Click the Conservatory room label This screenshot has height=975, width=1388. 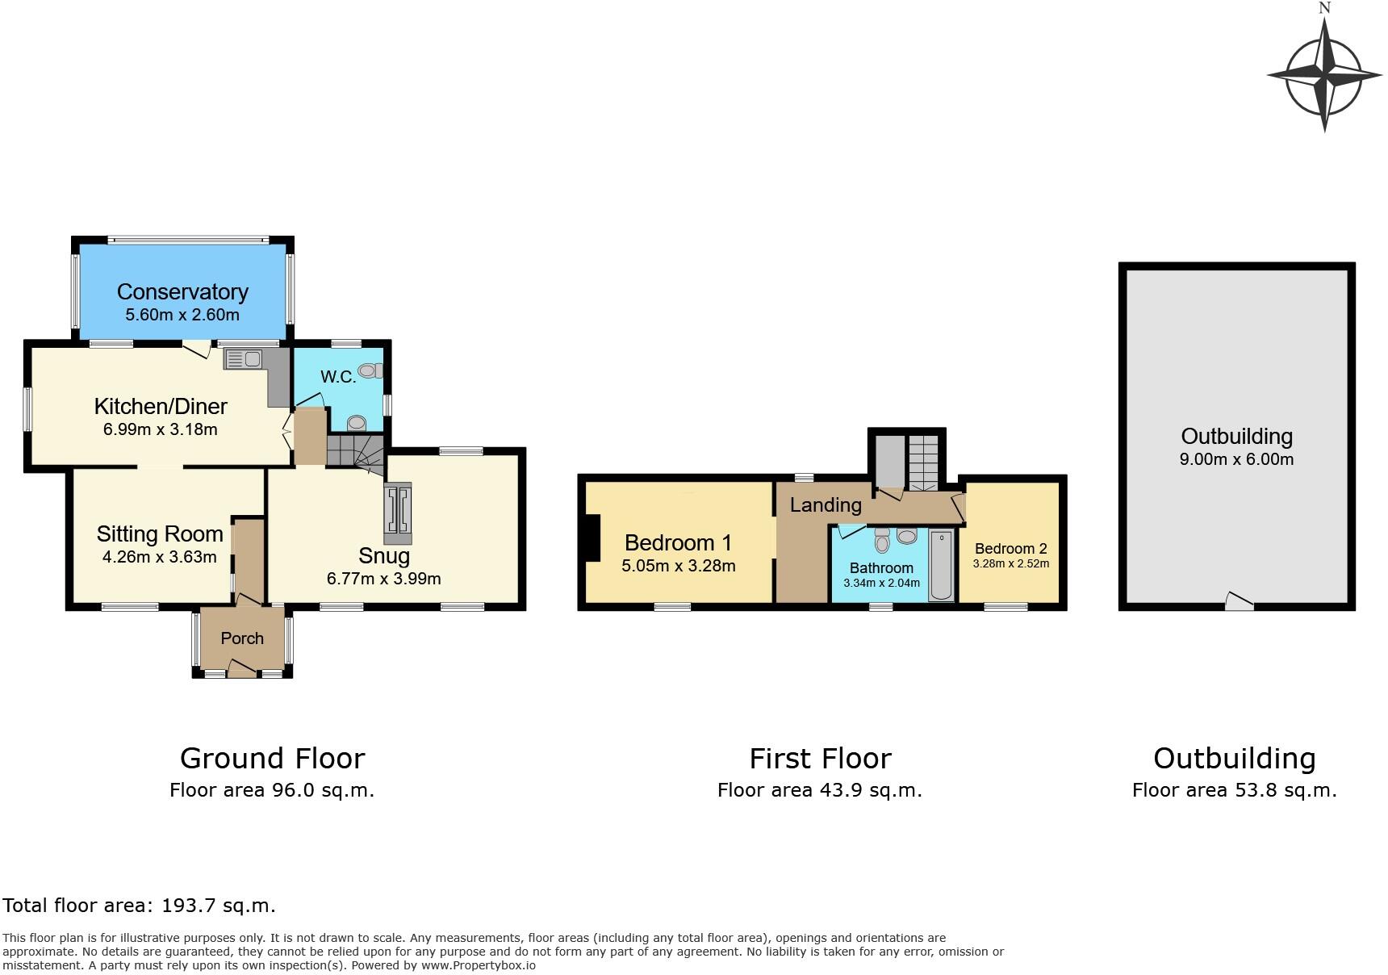tap(182, 291)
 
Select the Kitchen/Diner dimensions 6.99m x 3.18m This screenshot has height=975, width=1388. tap(160, 429)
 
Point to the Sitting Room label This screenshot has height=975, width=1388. tap(160, 534)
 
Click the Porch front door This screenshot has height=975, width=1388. tap(241, 667)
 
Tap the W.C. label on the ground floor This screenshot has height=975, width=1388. tap(337, 377)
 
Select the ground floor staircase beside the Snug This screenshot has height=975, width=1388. tap(355, 450)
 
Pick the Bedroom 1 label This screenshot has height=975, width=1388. tap(678, 542)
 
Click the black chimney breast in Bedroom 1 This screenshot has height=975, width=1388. tap(593, 538)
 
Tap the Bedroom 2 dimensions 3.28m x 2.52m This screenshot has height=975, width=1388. tap(1010, 563)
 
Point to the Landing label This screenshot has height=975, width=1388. tap(825, 505)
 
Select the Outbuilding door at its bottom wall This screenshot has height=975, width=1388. tap(1240, 601)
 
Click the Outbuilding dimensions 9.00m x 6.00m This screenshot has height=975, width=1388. tap(1236, 459)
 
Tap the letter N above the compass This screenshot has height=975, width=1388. tap(1324, 8)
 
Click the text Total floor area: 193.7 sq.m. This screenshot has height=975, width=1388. tap(139, 906)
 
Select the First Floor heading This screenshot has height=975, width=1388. tap(820, 759)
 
